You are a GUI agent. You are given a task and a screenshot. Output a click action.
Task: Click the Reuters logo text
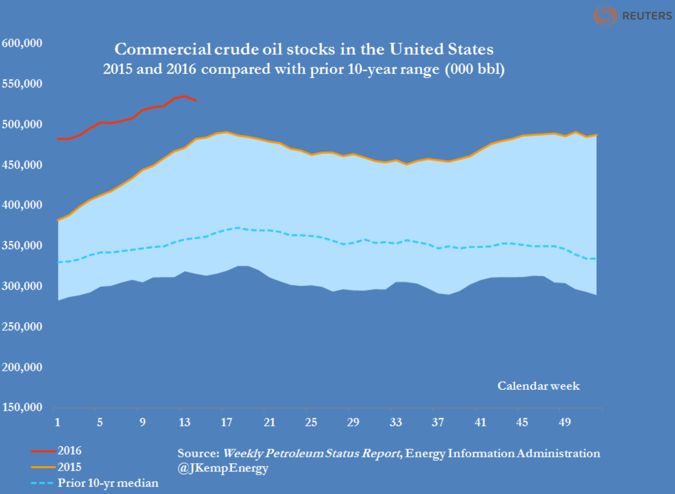pyautogui.click(x=646, y=16)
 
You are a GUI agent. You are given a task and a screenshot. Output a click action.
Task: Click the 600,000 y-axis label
pyautogui.click(x=22, y=43)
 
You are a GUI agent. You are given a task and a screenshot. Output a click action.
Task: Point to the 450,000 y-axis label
pyautogui.click(x=22, y=165)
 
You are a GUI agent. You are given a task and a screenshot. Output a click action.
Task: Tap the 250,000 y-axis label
pyautogui.click(x=22, y=327)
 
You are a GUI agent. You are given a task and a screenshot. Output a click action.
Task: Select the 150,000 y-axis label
pyautogui.click(x=22, y=407)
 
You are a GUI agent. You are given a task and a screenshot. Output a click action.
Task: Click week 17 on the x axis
pyautogui.click(x=226, y=422)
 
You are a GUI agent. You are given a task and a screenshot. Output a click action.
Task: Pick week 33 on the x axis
pyautogui.click(x=396, y=422)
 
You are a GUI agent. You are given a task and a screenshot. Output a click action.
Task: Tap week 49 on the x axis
pyautogui.click(x=565, y=422)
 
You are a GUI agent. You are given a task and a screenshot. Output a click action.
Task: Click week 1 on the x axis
pyautogui.click(x=57, y=422)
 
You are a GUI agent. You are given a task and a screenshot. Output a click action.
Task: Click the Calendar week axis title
pyautogui.click(x=538, y=386)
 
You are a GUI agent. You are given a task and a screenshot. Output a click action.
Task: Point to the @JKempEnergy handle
pyautogui.click(x=223, y=468)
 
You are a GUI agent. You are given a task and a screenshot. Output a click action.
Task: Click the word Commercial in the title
pyautogui.click(x=163, y=49)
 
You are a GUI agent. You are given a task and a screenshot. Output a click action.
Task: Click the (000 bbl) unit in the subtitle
pyautogui.click(x=475, y=69)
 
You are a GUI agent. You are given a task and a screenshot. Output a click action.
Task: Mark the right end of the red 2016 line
pyautogui.click(x=196, y=100)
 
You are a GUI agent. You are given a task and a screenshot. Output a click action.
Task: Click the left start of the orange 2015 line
pyautogui.click(x=58, y=220)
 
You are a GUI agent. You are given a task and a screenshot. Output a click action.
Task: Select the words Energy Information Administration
pyautogui.click(x=502, y=453)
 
